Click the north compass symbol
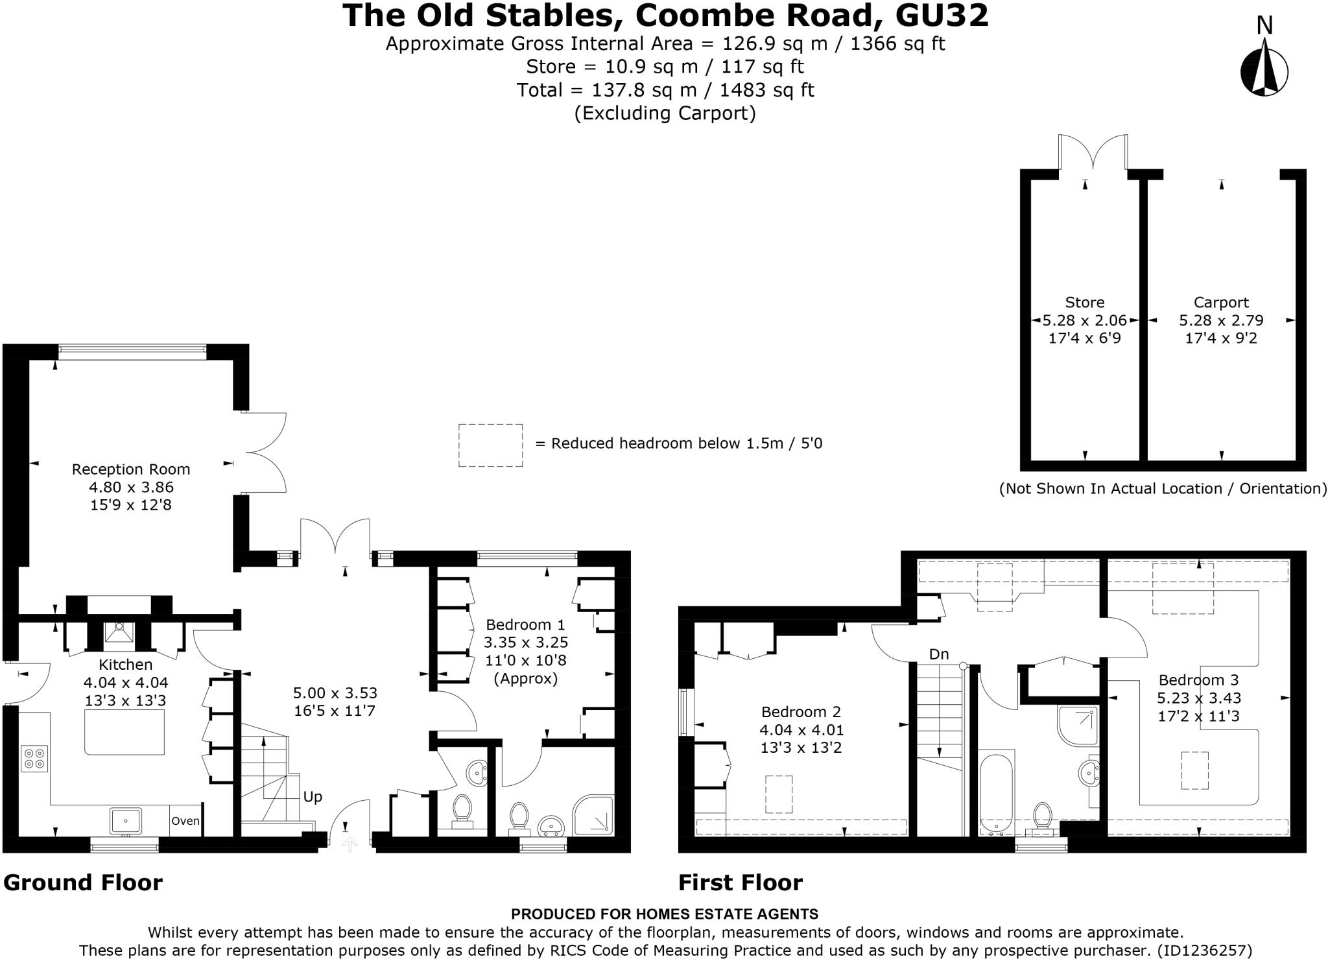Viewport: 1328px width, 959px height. pyautogui.click(x=1264, y=68)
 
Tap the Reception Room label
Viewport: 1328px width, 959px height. pyautogui.click(x=130, y=469)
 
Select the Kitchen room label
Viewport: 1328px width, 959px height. pyautogui.click(x=125, y=664)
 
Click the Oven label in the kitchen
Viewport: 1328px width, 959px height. pyautogui.click(x=185, y=821)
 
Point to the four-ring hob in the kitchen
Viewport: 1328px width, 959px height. pyautogui.click(x=34, y=758)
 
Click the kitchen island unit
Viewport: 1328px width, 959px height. pyautogui.click(x=124, y=732)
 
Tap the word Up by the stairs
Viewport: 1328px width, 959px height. pyautogui.click(x=313, y=797)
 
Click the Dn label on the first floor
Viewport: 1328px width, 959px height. pyautogui.click(x=938, y=654)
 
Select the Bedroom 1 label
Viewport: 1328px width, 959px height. pyautogui.click(x=525, y=624)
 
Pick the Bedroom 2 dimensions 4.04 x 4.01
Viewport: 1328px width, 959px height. pyautogui.click(x=801, y=729)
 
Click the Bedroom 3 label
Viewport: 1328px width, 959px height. pyautogui.click(x=1198, y=680)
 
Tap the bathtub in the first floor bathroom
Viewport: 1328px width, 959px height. pyautogui.click(x=997, y=793)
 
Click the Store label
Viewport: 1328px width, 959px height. pyautogui.click(x=1084, y=302)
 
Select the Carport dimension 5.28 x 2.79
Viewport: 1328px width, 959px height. pyautogui.click(x=1221, y=320)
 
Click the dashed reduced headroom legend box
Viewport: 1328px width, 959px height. pyautogui.click(x=490, y=445)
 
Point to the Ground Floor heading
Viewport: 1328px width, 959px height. pyautogui.click(x=83, y=882)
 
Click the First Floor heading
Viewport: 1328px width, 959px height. pyautogui.click(x=740, y=882)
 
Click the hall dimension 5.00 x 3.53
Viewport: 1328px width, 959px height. pyautogui.click(x=335, y=693)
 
